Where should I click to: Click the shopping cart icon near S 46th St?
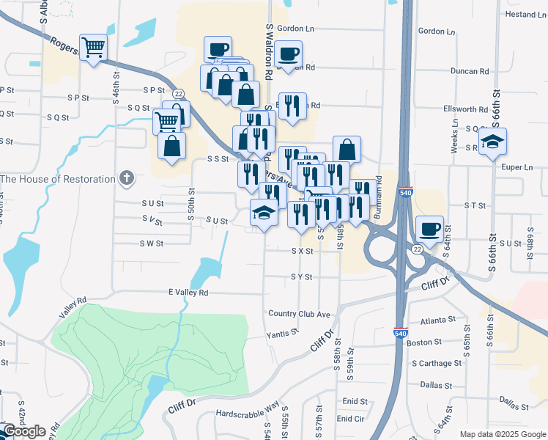(93, 48)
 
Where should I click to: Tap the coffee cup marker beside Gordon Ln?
(288, 54)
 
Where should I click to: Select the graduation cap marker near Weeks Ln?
(494, 140)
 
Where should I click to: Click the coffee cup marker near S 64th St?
(429, 229)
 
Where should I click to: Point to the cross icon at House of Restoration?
(127, 178)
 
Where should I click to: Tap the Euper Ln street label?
(518, 167)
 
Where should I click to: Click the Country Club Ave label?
(299, 314)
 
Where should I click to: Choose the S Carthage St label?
(437, 363)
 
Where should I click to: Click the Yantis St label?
(284, 332)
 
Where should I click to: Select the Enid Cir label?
(350, 419)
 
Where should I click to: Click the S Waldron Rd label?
(269, 50)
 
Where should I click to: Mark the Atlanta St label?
(438, 321)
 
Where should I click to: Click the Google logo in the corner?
(23, 431)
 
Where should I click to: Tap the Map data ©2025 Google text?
(502, 434)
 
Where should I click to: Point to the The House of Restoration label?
(58, 179)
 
